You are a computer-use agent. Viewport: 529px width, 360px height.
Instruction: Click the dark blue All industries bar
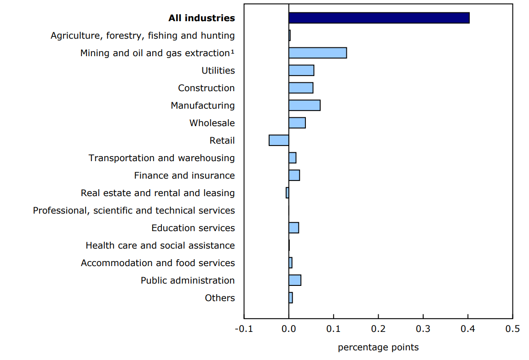pyautogui.click(x=379, y=18)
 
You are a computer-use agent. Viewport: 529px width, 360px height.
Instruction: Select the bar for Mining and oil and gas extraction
pyautogui.click(x=317, y=53)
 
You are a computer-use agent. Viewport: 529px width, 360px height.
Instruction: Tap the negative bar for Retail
pyautogui.click(x=279, y=140)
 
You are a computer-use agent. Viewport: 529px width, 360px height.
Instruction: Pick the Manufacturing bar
pyautogui.click(x=304, y=105)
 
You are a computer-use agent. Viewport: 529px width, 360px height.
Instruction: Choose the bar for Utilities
pyautogui.click(x=301, y=70)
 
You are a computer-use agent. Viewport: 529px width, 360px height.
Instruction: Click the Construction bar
pyautogui.click(x=301, y=88)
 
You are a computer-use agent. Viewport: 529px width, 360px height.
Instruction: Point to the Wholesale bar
pyautogui.click(x=297, y=123)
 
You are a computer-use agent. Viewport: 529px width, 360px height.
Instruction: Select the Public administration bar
pyautogui.click(x=295, y=280)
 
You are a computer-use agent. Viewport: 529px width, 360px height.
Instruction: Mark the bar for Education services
pyautogui.click(x=293, y=228)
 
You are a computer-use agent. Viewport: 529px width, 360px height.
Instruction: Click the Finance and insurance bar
pyautogui.click(x=294, y=175)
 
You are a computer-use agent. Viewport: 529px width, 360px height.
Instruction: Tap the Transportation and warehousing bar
pyautogui.click(x=292, y=158)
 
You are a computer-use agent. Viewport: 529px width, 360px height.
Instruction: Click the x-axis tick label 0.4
pyautogui.click(x=468, y=329)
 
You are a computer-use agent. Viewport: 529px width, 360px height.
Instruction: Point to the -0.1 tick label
pyautogui.click(x=244, y=329)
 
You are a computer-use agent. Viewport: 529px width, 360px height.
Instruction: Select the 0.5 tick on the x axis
pyautogui.click(x=512, y=329)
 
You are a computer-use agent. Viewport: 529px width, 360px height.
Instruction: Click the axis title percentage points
pyautogui.click(x=378, y=347)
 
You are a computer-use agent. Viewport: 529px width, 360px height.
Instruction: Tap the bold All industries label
pyautogui.click(x=201, y=18)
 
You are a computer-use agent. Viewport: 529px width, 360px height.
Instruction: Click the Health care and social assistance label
pyautogui.click(x=160, y=245)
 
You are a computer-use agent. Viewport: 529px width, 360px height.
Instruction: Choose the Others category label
pyautogui.click(x=219, y=298)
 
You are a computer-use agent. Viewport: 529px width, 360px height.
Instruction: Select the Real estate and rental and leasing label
pyautogui.click(x=157, y=193)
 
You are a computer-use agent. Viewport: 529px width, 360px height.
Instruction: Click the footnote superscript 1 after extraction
pyautogui.click(x=233, y=52)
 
